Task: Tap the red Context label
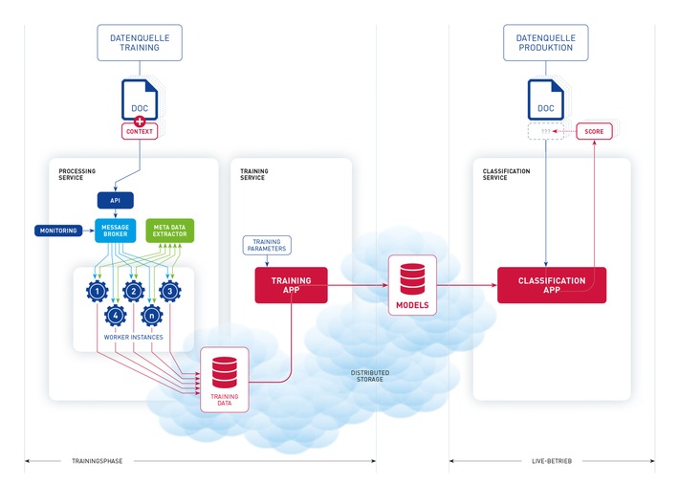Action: pyautogui.click(x=139, y=131)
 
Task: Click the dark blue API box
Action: pyautogui.click(x=115, y=200)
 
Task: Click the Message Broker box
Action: pyautogui.click(x=115, y=231)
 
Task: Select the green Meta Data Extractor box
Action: pyautogui.click(x=169, y=231)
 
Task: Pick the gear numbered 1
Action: pyautogui.click(x=97, y=290)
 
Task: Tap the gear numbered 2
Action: pyautogui.click(x=134, y=290)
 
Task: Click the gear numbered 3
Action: pyautogui.click(x=170, y=290)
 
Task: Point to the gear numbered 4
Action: pyautogui.click(x=115, y=315)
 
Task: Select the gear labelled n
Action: pyautogui.click(x=152, y=315)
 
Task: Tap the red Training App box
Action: pyautogui.click(x=291, y=284)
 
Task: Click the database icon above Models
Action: pyautogui.click(x=412, y=276)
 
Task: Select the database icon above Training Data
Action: pyautogui.click(x=225, y=369)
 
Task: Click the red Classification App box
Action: pyautogui.click(x=551, y=284)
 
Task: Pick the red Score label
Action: pyautogui.click(x=594, y=131)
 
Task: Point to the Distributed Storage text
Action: pyautogui.click(x=369, y=374)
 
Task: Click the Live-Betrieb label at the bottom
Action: pyautogui.click(x=552, y=461)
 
